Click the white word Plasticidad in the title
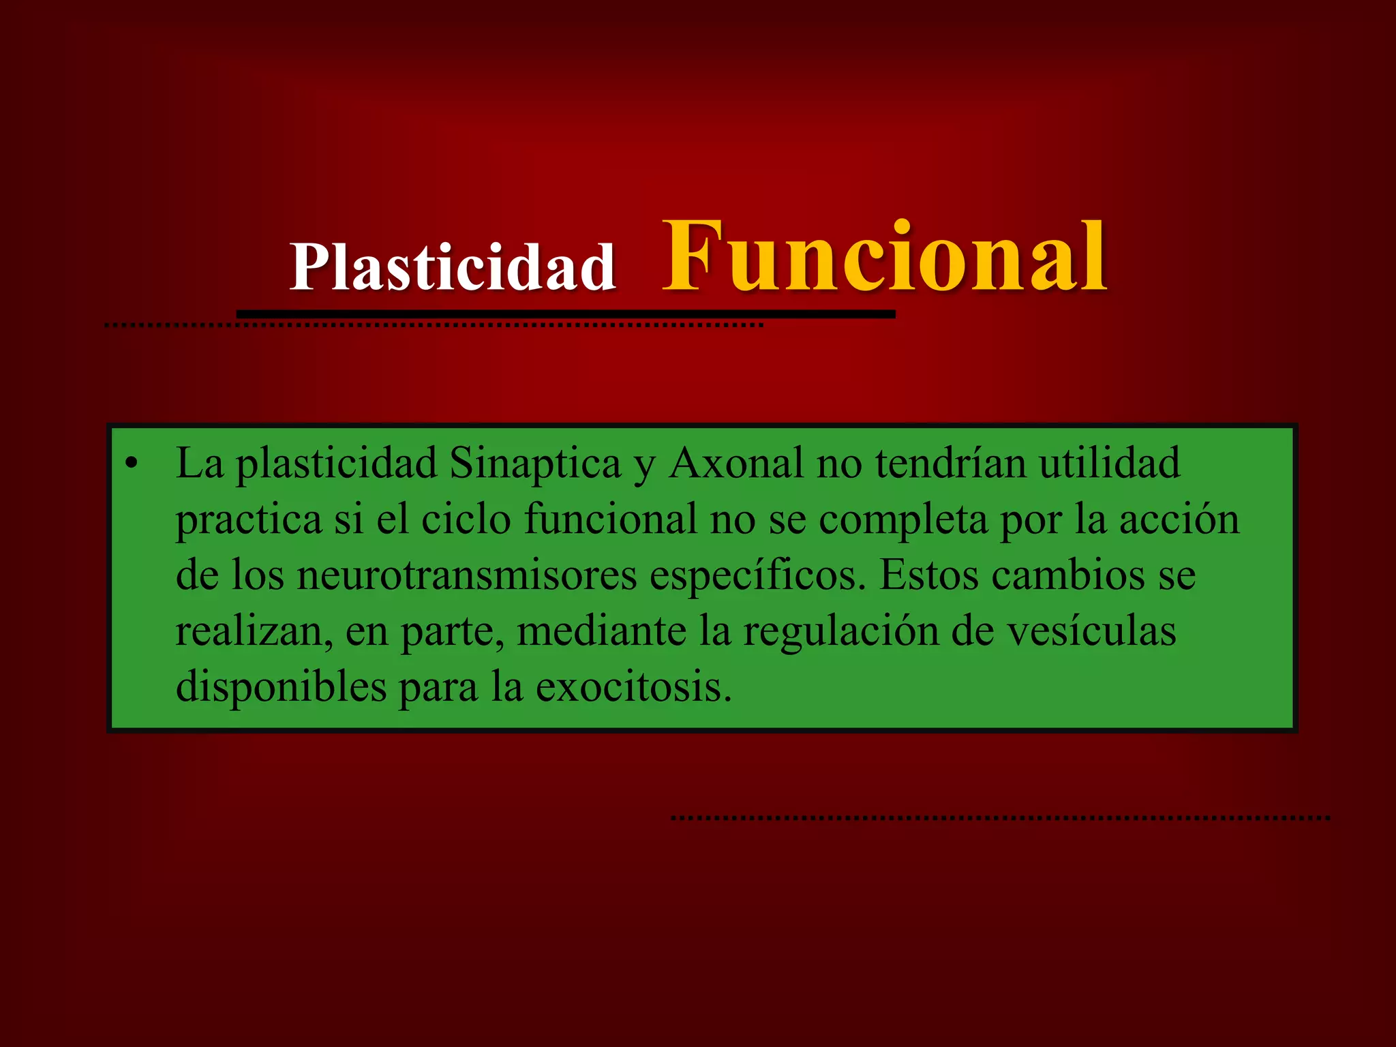pos(453,267)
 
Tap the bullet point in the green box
pos(132,464)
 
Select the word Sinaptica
pos(535,464)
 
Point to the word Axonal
pos(737,464)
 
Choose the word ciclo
pos(466,519)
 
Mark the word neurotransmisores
pos(467,575)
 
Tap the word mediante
pos(602,631)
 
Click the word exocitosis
pos(633,687)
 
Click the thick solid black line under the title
pos(566,314)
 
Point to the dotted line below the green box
pos(1000,817)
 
